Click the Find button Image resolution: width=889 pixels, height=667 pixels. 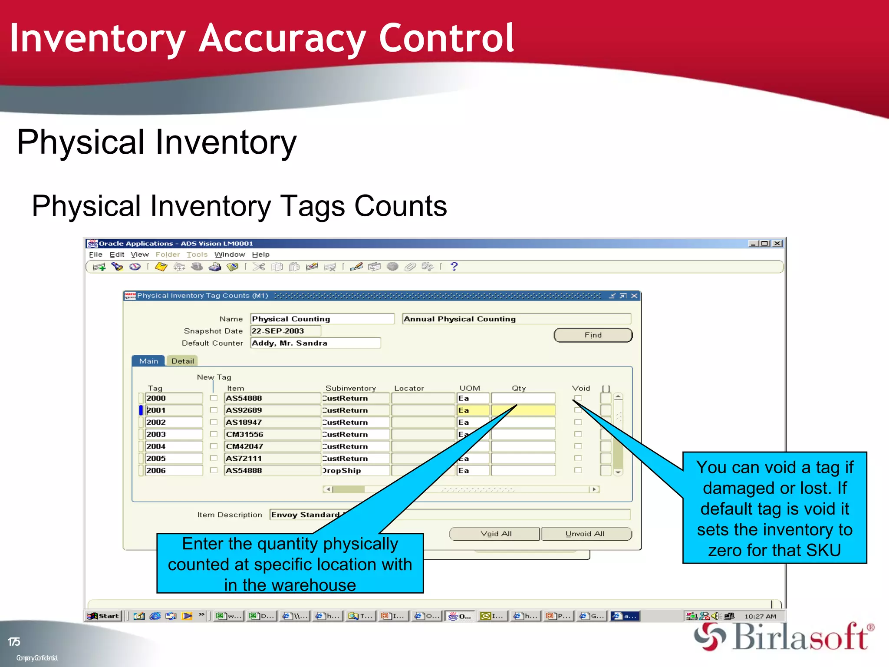(593, 335)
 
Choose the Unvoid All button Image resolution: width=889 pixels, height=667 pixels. (585, 534)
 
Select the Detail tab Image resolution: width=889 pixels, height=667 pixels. (182, 361)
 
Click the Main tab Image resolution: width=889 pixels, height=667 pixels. (148, 361)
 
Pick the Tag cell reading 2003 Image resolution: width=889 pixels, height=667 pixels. (173, 434)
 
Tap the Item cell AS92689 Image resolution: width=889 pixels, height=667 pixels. (272, 410)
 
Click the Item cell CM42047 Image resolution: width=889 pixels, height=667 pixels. (272, 446)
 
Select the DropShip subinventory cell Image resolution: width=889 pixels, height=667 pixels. (355, 471)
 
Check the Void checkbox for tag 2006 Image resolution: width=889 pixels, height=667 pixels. (578, 470)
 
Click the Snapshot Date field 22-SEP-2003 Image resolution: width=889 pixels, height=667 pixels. (285, 331)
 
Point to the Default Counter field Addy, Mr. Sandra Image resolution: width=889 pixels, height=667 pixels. (315, 343)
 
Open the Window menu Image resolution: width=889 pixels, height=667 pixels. (230, 254)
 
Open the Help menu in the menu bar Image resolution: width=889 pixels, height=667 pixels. (260, 254)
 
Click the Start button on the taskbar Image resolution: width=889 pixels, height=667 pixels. (103, 616)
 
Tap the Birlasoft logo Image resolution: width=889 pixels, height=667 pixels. (784, 637)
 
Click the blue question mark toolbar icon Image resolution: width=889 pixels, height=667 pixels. (454, 267)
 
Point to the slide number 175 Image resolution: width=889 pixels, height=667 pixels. (14, 642)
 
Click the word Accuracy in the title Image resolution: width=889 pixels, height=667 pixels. (282, 39)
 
